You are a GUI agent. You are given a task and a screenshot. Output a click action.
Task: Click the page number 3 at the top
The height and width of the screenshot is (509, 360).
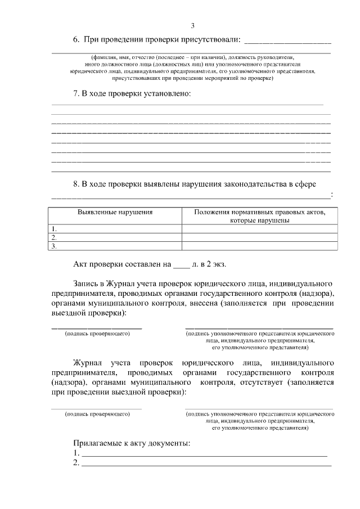click(193, 25)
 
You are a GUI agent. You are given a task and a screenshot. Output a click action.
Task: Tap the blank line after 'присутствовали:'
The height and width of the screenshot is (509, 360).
click(287, 41)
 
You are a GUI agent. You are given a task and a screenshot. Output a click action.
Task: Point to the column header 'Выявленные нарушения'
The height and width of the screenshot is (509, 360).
click(115, 213)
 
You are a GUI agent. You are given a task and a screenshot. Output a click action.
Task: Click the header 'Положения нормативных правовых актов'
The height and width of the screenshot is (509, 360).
click(259, 213)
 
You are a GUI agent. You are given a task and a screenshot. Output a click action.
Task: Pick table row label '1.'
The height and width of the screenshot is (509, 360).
click(54, 229)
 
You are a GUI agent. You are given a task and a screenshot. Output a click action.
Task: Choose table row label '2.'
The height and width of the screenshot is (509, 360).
click(54, 237)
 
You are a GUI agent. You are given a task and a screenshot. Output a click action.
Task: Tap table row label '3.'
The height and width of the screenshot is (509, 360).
click(54, 246)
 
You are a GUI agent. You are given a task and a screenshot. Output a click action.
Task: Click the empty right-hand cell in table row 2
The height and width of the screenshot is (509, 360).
click(259, 237)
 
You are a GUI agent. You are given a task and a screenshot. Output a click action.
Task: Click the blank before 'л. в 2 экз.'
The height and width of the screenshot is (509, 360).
click(182, 264)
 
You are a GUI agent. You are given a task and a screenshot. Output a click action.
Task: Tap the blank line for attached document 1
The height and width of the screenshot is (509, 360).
click(203, 453)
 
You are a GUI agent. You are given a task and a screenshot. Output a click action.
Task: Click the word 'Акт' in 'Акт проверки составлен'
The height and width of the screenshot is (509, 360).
click(82, 264)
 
